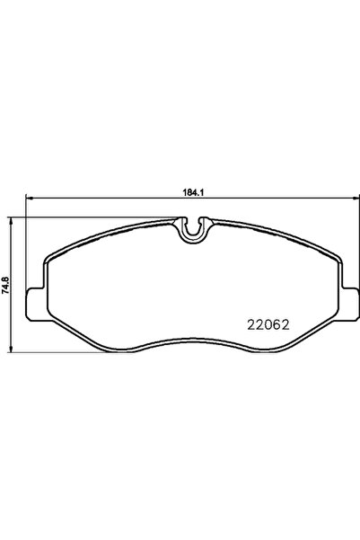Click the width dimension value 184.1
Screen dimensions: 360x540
click(193, 193)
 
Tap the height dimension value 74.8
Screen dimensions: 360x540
click(5, 285)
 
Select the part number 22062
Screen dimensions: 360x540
click(268, 324)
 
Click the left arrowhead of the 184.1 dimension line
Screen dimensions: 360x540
click(29, 198)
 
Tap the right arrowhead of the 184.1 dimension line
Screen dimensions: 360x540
click(356, 198)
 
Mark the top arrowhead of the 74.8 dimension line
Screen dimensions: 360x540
click(12, 220)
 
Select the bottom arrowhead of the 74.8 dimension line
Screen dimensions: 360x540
click(12, 350)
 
